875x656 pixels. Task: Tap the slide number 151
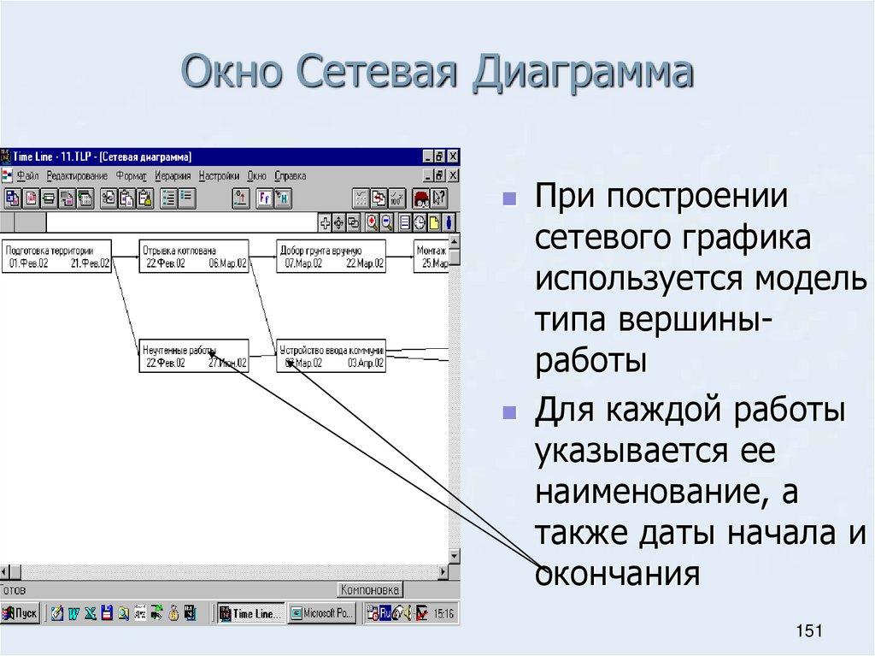pos(807,631)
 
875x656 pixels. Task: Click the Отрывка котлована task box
pos(194,257)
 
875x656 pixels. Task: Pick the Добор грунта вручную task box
pos(331,257)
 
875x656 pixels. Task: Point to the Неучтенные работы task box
pos(194,356)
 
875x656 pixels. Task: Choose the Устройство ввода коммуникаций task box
pos(331,356)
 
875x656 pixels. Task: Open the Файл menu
pos(27,175)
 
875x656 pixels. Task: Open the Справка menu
pos(291,175)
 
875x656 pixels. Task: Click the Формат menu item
pos(131,175)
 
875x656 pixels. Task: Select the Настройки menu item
pos(220,175)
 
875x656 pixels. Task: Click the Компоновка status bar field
pos(369,590)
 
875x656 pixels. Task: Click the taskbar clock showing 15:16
pos(443,613)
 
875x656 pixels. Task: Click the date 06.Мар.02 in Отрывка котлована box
pos(227,264)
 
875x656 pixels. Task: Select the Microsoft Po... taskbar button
pos(322,613)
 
